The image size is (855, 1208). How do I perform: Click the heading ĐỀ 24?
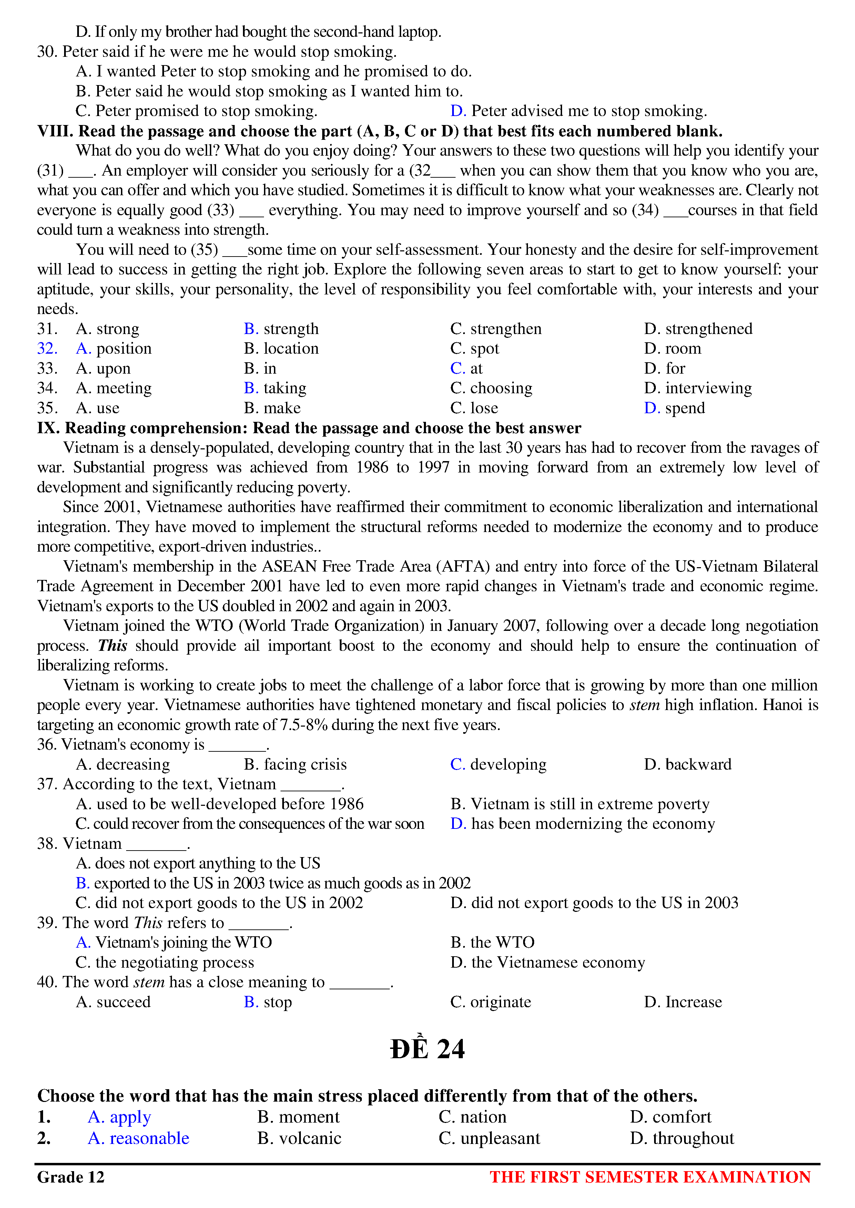pos(427,1049)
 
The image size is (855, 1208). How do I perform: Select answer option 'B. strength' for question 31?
pos(281,329)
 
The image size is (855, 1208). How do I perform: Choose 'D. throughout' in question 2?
pos(682,1138)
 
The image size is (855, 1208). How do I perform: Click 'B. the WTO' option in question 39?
pos(492,942)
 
